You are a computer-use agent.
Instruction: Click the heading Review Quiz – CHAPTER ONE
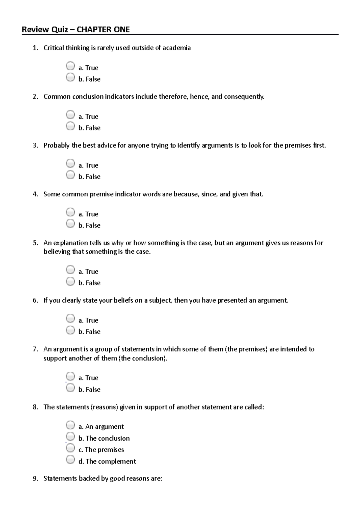coord(76,29)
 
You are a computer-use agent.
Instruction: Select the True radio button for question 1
coord(70,66)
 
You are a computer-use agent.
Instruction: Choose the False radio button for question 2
coord(70,126)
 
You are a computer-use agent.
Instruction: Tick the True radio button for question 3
coord(70,163)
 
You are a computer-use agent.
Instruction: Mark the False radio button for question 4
coord(70,223)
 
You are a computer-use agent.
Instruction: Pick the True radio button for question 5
coord(70,269)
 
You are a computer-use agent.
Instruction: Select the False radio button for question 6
coord(70,330)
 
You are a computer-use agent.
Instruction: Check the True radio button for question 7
coord(70,376)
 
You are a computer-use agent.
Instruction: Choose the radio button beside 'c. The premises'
coord(70,448)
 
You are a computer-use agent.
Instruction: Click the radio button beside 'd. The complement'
coord(70,459)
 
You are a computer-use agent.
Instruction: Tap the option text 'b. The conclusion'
coord(104,438)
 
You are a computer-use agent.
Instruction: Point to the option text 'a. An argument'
coord(101,427)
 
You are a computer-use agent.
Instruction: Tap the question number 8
coord(35,407)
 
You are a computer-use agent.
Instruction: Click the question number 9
coord(35,478)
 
